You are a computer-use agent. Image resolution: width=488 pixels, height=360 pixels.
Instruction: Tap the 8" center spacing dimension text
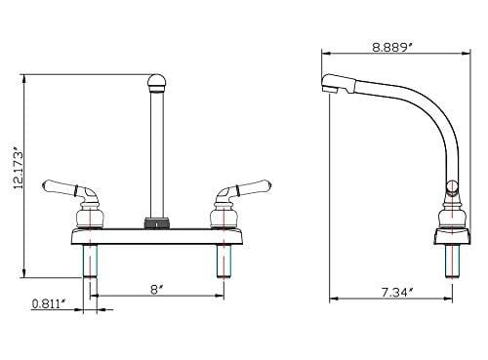(x=154, y=288)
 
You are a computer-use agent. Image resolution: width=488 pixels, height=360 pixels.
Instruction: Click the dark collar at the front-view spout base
(x=153, y=221)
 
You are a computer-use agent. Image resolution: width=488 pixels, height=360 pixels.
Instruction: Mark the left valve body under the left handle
(x=88, y=211)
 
